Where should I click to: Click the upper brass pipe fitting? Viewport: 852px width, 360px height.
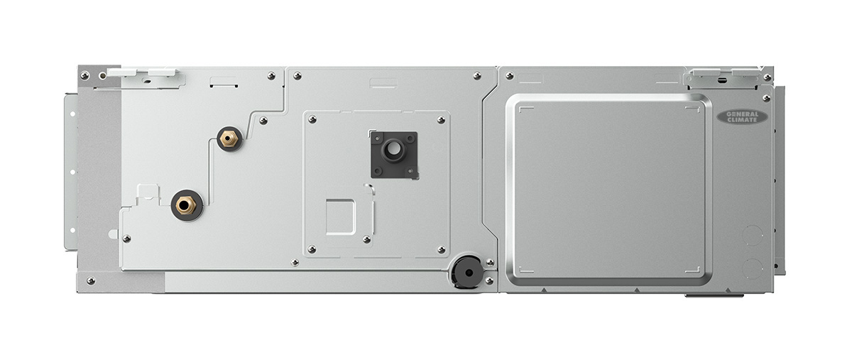pos(229,138)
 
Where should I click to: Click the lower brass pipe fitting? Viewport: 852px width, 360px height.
pos(186,205)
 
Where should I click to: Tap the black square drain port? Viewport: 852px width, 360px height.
pos(394,155)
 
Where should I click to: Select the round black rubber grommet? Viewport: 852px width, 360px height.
pos(468,272)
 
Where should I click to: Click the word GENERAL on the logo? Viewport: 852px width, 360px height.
pos(742,114)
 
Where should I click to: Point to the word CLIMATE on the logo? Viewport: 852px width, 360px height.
pos(742,120)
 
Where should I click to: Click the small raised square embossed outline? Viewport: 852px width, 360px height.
pos(340,217)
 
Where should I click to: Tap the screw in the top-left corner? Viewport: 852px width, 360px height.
pos(84,75)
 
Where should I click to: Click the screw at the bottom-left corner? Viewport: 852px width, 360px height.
pos(91,281)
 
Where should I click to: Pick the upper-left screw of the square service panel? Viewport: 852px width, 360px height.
pos(312,120)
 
